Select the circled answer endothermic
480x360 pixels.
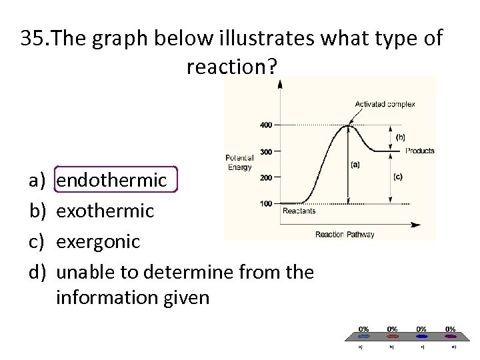point(111,179)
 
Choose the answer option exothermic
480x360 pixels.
point(105,211)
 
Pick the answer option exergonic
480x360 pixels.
point(98,241)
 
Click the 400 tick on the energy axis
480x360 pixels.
point(265,125)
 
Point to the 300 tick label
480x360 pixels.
point(265,151)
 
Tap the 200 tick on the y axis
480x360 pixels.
point(265,177)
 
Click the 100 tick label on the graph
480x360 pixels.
point(265,203)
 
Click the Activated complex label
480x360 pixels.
point(385,104)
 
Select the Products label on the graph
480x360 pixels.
point(419,151)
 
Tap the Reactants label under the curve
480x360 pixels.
point(299,211)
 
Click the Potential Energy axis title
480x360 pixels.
point(239,163)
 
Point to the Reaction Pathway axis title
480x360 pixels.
point(345,234)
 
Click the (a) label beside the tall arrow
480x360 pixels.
point(355,164)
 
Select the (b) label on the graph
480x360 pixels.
point(400,137)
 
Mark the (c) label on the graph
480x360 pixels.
point(397,177)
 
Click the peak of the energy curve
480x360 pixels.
point(347,125)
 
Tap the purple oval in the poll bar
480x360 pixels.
point(451,337)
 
